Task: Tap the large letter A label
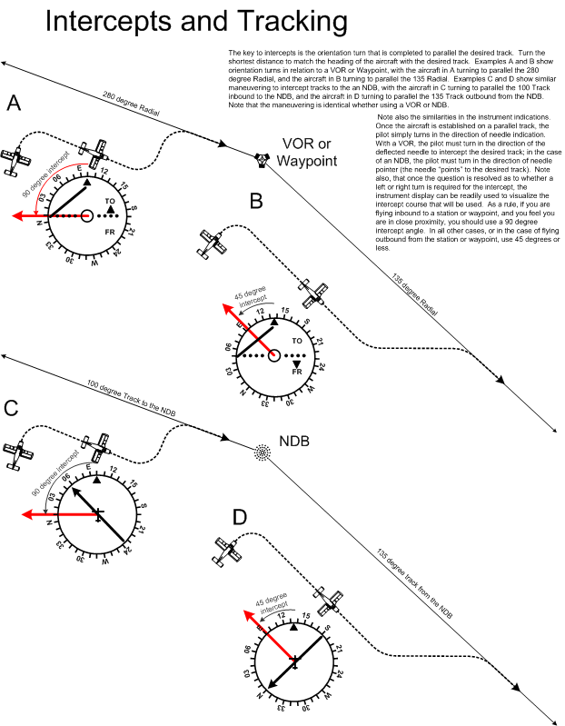click(x=15, y=104)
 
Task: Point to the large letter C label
click(x=12, y=408)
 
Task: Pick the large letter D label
click(x=240, y=517)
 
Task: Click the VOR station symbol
click(x=262, y=159)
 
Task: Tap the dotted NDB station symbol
click(x=263, y=452)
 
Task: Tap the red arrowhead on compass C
click(x=25, y=514)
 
